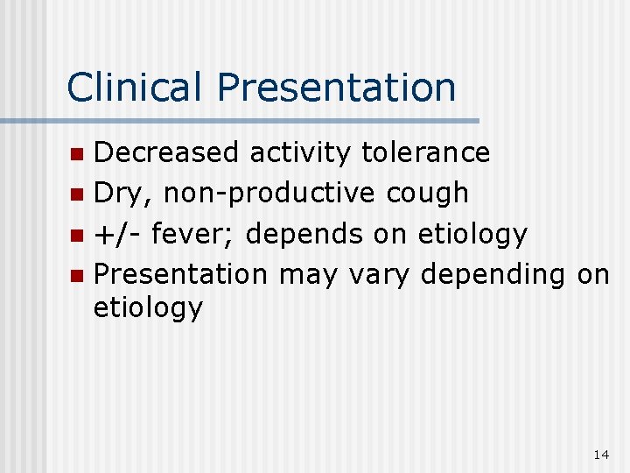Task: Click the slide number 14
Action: coord(600,455)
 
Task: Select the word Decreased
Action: coord(166,152)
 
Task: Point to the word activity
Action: coord(301,154)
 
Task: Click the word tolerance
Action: coord(426,152)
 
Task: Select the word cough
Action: coord(433,194)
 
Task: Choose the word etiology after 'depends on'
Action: coord(472,235)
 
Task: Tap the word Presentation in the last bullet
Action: coord(180,274)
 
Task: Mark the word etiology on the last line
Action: coord(148,308)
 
